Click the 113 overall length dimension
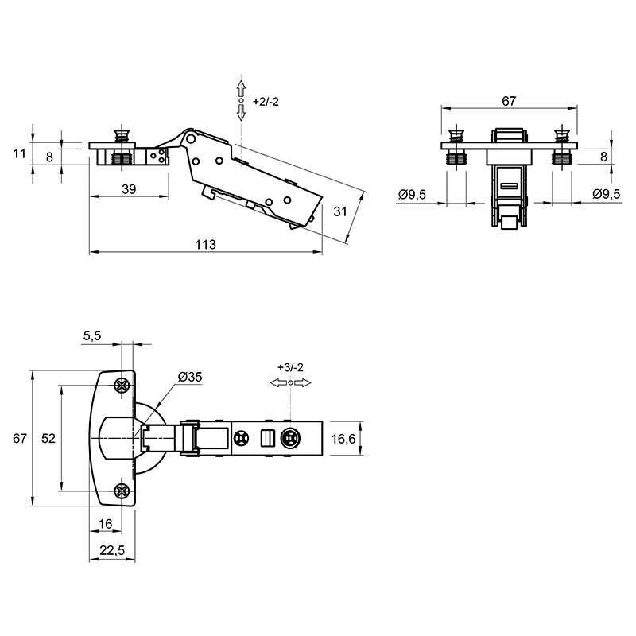click(206, 245)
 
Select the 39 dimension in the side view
click(129, 189)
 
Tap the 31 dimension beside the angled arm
click(340, 211)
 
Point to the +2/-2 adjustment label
click(266, 102)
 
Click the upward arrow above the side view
click(242, 88)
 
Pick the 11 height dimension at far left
click(19, 153)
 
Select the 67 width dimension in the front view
click(509, 101)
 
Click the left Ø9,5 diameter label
click(412, 195)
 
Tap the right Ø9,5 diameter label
click(607, 194)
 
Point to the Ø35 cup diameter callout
click(190, 377)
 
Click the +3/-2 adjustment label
click(290, 367)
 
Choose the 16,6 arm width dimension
click(343, 439)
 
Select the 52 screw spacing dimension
click(48, 439)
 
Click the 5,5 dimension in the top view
click(92, 335)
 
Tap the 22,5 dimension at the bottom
click(112, 550)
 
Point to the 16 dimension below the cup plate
click(105, 524)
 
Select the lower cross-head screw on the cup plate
click(122, 491)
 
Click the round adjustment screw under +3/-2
click(290, 439)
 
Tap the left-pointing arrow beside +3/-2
click(279, 383)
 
